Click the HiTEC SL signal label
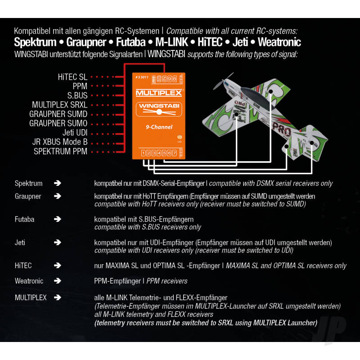click(72, 77)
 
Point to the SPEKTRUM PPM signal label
click(61, 152)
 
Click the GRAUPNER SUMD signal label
click(58, 114)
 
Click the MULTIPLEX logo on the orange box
click(159, 93)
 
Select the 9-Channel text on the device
click(159, 127)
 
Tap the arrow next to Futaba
click(57, 219)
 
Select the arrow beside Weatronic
click(57, 281)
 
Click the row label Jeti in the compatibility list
click(20, 243)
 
